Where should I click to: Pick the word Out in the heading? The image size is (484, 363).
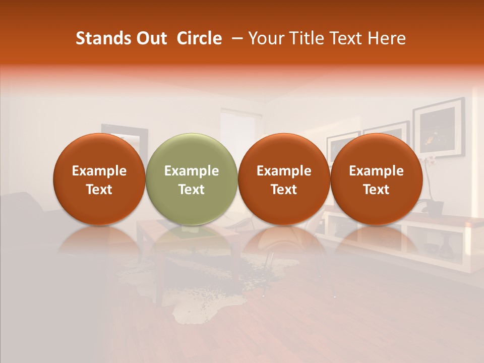(150, 38)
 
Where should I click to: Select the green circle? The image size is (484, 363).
(192, 151)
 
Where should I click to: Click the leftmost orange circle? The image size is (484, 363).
(99, 151)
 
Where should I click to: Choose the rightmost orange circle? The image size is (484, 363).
(376, 151)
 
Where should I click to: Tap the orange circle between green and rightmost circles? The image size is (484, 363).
(284, 151)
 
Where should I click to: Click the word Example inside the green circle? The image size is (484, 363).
(192, 171)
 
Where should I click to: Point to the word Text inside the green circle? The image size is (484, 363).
(192, 190)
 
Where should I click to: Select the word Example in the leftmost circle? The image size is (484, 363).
(99, 171)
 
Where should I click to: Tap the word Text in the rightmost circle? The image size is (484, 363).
(376, 190)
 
